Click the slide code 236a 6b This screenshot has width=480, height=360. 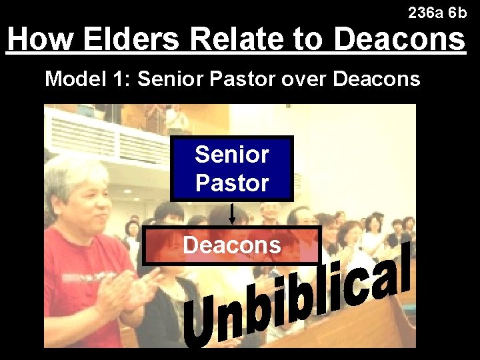pos(437,13)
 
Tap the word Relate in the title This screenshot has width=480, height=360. pos(239,39)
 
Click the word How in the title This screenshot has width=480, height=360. pos(39,39)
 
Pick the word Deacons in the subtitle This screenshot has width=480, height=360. pos(376,79)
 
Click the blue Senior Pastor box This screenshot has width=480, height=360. pos(232,169)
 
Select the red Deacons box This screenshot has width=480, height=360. pos(232,245)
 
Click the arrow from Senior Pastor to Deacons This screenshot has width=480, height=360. pos(232,215)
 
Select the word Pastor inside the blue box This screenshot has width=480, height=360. pos(232,183)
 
